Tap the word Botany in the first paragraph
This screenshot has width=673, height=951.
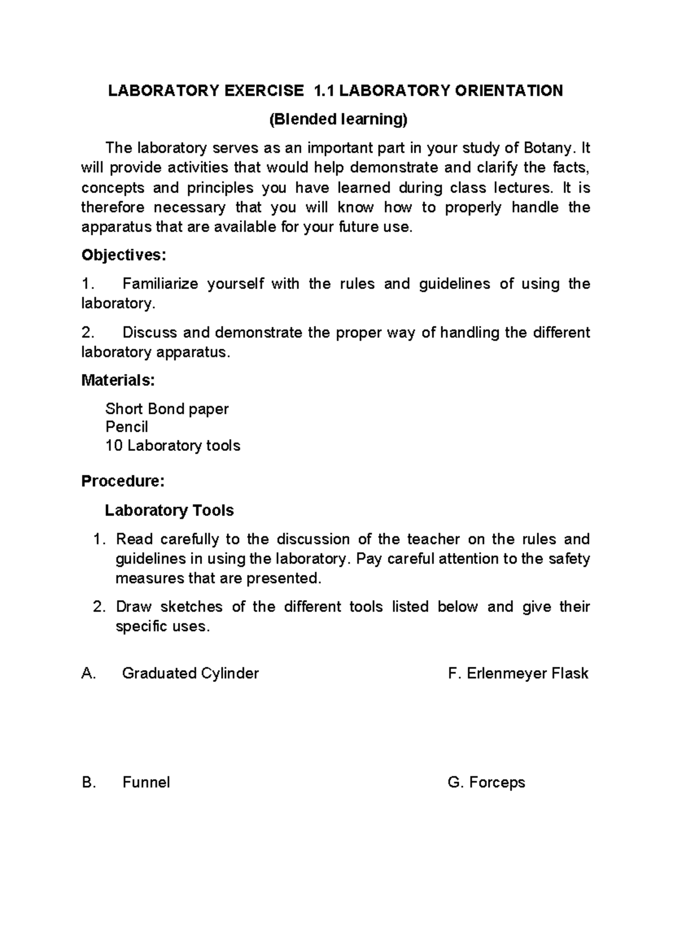547,148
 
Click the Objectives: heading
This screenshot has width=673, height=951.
124,255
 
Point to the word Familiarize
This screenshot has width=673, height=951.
160,284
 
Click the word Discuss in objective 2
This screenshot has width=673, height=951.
150,333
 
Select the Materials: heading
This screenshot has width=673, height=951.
118,380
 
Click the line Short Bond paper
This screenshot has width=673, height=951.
167,409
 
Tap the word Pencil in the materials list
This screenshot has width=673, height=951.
127,427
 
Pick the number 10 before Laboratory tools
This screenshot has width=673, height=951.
114,446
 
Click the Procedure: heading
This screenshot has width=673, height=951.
123,481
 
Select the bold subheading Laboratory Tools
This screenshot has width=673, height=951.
169,510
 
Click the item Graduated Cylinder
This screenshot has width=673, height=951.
190,673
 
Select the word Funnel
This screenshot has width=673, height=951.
146,782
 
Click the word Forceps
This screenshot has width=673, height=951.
496,782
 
